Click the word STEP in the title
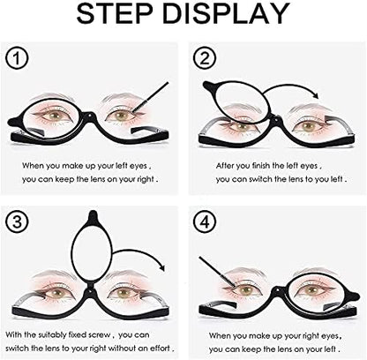coord(115,14)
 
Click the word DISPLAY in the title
coord(225,14)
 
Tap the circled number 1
coord(17,58)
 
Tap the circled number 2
coord(205,58)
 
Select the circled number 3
coord(17,221)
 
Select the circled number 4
coord(205,221)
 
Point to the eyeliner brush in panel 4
coord(217,273)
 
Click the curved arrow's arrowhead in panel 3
coord(161,267)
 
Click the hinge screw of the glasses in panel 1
coord(89,116)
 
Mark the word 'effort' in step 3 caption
coord(160,349)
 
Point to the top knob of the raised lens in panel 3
coord(93,215)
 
